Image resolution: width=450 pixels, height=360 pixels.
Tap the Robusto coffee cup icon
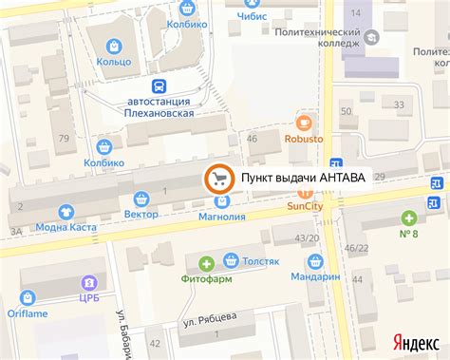coord(304,122)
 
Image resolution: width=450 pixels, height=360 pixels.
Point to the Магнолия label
coord(222,217)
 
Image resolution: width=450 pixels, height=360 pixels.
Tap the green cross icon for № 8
coord(409,217)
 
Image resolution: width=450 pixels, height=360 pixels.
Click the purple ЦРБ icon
coord(88,282)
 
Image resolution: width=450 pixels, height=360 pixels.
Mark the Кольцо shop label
coord(114,62)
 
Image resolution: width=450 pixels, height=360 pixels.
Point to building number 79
coord(65,139)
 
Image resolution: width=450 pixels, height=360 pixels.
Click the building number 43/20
coord(306,237)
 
